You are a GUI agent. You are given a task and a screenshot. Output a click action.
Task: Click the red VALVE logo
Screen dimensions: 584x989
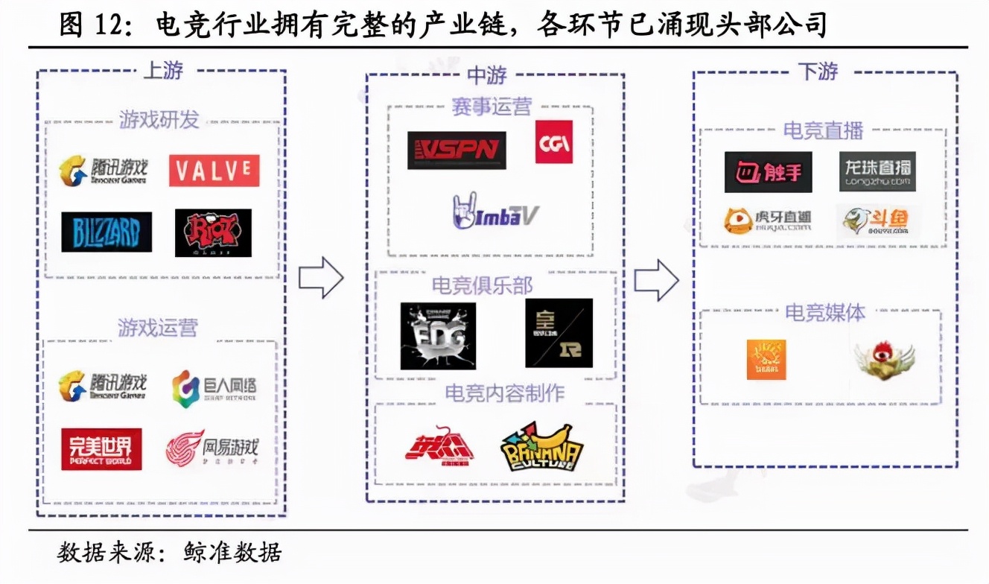[214, 171]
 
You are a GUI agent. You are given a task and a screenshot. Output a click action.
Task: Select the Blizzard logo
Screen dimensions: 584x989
[106, 232]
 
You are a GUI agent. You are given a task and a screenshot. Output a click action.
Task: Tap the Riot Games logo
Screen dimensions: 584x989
[213, 232]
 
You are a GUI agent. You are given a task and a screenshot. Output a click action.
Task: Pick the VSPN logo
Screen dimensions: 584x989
[457, 150]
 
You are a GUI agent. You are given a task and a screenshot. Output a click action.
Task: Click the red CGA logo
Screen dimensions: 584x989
[554, 142]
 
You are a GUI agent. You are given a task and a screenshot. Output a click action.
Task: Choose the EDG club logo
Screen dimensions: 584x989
[438, 335]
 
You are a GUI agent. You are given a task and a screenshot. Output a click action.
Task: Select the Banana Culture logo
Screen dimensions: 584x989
[541, 446]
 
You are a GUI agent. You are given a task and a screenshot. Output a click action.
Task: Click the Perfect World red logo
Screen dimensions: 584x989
[101, 449]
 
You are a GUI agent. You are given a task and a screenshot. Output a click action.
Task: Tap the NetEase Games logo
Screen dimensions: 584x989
[212, 448]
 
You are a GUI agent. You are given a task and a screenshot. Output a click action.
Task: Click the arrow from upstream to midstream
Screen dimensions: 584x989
[321, 278]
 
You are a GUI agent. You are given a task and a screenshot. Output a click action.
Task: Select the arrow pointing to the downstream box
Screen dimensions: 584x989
[656, 279]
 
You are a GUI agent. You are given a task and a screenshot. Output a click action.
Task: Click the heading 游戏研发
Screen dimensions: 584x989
[159, 119]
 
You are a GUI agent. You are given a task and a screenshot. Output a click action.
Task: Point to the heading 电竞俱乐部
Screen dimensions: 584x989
[483, 285]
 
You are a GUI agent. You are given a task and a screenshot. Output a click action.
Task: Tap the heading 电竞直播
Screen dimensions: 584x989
[823, 130]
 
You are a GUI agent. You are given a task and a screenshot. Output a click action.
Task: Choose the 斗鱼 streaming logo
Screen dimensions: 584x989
[877, 221]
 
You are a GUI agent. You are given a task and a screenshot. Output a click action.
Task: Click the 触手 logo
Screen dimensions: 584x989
[768, 172]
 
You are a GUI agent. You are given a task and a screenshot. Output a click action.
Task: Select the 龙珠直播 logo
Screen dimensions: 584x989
[877, 172]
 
